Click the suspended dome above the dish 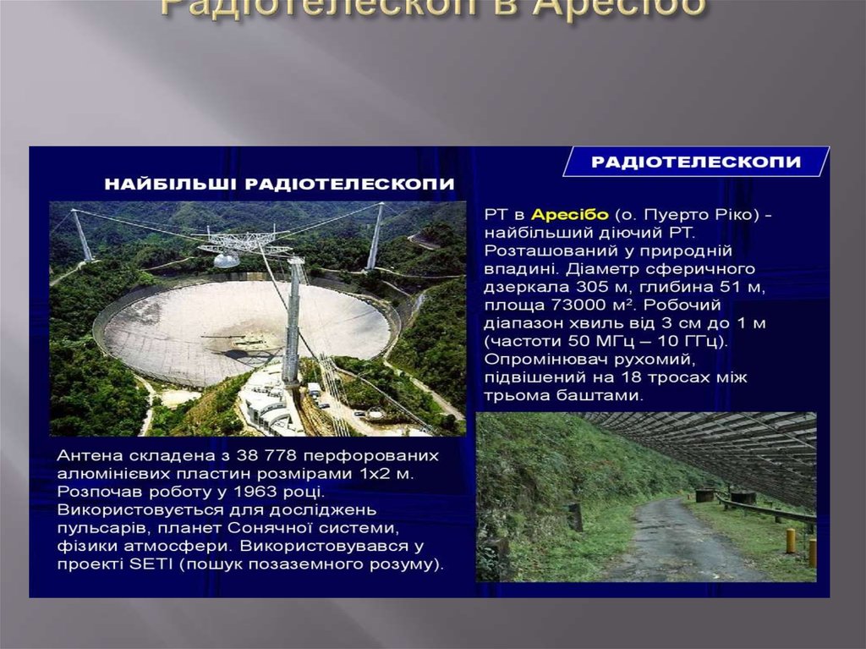pyautogui.click(x=226, y=260)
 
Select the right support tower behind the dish pyautogui.click(x=374, y=237)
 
